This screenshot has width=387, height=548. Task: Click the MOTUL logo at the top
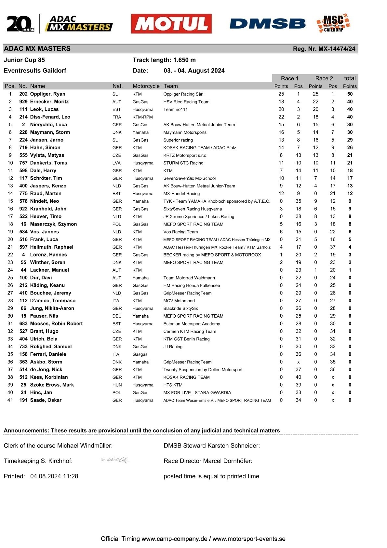(x=171, y=24)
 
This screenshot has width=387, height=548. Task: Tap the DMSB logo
(x=267, y=24)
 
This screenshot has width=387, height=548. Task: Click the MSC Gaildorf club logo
(x=334, y=23)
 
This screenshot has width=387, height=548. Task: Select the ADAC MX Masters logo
(x=79, y=24)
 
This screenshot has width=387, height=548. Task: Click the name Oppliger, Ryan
(x=47, y=94)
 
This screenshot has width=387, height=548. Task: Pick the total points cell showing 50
(x=350, y=94)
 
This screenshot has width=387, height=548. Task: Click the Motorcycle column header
(x=146, y=86)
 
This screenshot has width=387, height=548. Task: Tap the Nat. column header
(x=117, y=86)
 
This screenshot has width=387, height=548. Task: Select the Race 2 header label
(x=324, y=78)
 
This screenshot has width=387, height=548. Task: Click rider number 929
(x=23, y=102)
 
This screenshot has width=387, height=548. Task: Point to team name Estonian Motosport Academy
(x=192, y=324)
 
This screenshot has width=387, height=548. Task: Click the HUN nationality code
(x=117, y=385)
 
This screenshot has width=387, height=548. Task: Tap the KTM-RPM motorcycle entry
(x=142, y=117)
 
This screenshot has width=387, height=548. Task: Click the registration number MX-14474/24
(x=324, y=49)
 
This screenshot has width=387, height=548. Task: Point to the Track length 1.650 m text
(x=164, y=60)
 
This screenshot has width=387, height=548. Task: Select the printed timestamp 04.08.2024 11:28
(x=54, y=476)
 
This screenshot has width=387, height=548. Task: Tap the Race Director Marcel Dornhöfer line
(x=208, y=461)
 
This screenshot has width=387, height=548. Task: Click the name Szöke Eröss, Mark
(x=52, y=385)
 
